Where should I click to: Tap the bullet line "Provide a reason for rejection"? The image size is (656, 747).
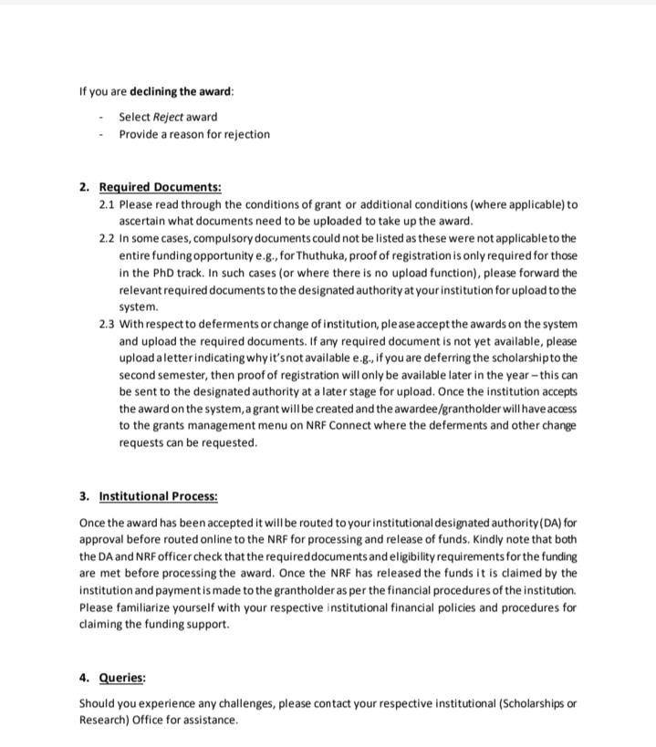point(194,134)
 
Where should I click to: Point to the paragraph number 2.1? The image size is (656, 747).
point(107,204)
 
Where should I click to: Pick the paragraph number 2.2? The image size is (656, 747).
point(107,238)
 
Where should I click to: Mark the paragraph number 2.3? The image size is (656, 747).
point(107,324)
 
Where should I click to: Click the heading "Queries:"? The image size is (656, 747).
point(121,679)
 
